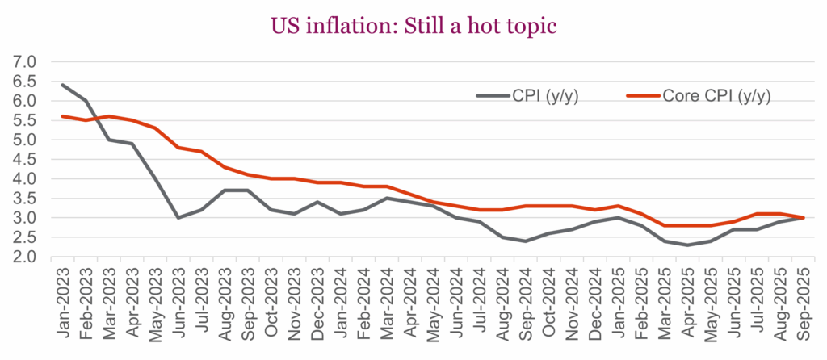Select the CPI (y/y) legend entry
pos(538,96)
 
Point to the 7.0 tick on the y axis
pos(25,61)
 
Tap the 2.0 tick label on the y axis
pos(25,257)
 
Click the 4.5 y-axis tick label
pos(25,159)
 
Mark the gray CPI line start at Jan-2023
pos(62,85)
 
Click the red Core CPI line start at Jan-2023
pos(62,116)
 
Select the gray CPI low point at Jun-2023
pos(178,217)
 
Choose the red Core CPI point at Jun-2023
pos(178,148)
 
